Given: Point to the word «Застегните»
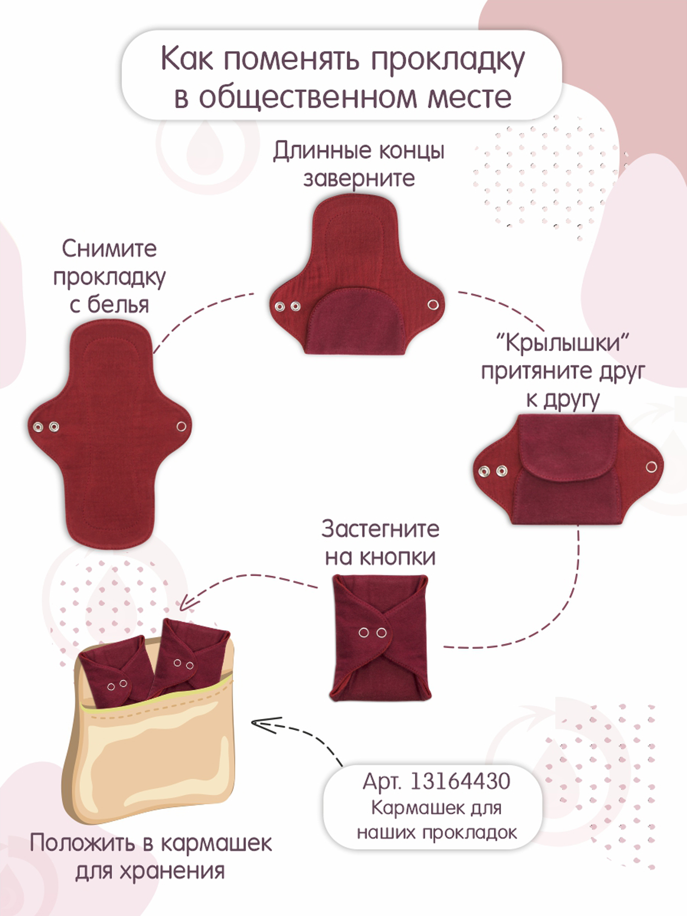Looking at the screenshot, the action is pos(380,529).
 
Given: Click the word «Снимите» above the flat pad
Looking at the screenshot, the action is pos(109,249).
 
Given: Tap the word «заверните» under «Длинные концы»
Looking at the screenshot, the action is pos(359,179).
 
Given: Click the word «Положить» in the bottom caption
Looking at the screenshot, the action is pos(83,843).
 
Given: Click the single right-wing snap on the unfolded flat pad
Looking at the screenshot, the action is pos(181,426).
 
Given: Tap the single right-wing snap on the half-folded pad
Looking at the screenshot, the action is pos(433,305).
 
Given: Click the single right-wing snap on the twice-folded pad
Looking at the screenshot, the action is pos(651,467).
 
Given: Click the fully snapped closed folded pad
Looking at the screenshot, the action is pos(381,638).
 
